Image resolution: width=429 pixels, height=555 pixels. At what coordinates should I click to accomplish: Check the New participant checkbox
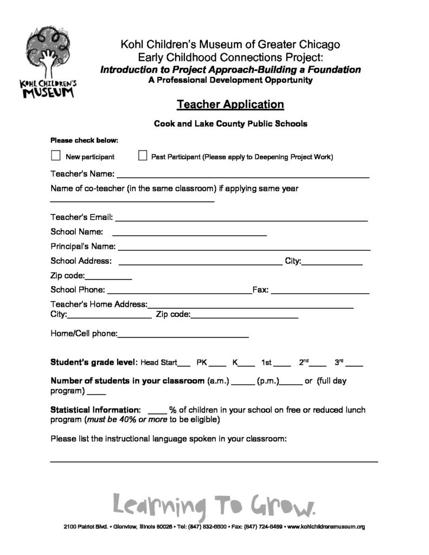click(55, 156)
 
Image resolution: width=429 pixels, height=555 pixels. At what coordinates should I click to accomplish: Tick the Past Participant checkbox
click(143, 156)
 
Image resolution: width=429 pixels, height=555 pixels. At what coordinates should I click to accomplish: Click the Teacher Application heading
click(230, 104)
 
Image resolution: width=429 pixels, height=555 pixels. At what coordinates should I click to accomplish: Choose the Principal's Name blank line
click(244, 249)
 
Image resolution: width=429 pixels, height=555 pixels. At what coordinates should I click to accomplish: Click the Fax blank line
click(320, 292)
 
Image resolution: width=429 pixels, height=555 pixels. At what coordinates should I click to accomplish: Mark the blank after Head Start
click(184, 364)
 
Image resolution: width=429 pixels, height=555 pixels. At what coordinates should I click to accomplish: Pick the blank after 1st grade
click(283, 364)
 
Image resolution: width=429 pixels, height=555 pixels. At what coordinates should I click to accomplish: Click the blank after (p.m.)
click(291, 383)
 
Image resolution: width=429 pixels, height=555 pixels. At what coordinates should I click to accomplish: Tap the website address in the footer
click(325, 526)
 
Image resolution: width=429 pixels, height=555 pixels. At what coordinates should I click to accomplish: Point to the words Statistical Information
click(95, 410)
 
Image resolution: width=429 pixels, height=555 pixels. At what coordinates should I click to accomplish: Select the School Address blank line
click(200, 263)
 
